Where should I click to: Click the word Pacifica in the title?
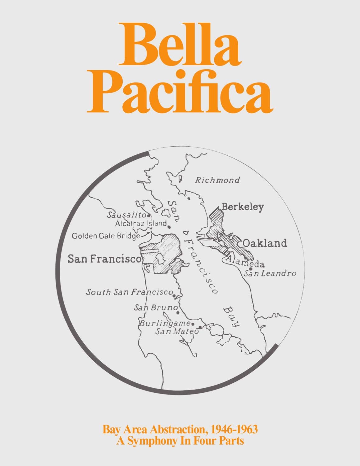pos(180,93)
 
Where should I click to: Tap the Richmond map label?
pos(217,180)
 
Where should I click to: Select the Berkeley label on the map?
pos(243,207)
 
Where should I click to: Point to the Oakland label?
pos(265,243)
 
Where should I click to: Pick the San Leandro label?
pos(270,273)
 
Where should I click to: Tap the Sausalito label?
pos(126,215)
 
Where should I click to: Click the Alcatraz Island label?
pos(141,223)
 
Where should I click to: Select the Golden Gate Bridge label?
pos(106,236)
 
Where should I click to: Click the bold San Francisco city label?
pos(104,259)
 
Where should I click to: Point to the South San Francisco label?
pos(129,292)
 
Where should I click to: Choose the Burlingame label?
pos(164,323)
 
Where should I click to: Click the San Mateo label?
pos(177,331)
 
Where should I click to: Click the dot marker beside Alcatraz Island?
pos(169,227)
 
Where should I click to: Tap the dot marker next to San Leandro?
pos(250,269)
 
